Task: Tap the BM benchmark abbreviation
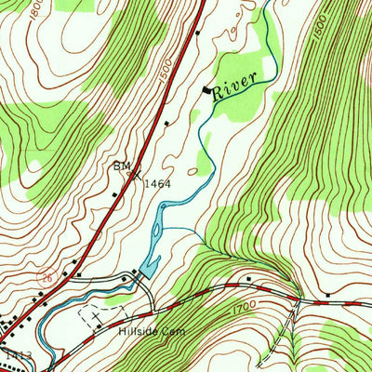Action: pos(122,166)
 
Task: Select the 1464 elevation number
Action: pos(158,184)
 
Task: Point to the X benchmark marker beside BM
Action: pos(138,172)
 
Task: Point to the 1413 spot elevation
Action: pos(13,354)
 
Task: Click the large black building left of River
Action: pos(206,89)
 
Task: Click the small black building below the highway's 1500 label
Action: pos(167,122)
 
